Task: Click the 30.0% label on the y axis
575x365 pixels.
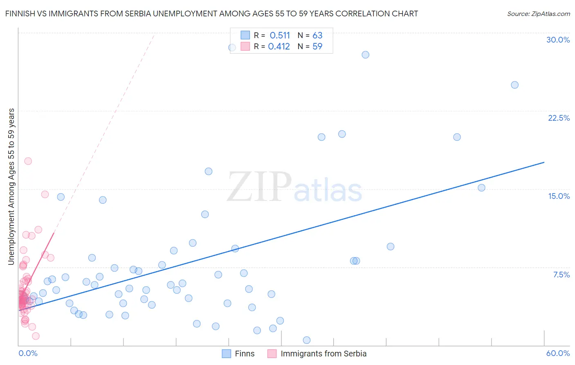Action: coord(558,40)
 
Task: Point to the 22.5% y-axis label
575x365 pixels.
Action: coord(559,118)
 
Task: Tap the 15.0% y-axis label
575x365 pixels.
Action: coord(559,196)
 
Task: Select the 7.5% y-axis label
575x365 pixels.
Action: coord(561,275)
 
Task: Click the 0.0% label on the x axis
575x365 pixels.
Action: coord(28,353)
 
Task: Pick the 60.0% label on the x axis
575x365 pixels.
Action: coord(558,353)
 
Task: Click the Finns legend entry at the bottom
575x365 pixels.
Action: coord(245,354)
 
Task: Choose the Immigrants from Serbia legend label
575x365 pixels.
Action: coord(323,354)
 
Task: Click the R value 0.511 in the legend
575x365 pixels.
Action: coord(280,36)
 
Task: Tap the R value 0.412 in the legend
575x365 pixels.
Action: coord(279,47)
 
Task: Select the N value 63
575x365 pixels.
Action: coord(317,36)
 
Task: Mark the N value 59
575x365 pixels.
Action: coord(317,47)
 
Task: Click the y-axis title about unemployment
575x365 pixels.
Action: coord(11,187)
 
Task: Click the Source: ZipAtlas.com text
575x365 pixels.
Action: coord(539,14)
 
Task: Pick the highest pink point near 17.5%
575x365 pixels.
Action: coord(28,161)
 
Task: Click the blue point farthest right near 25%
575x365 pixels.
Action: coord(514,85)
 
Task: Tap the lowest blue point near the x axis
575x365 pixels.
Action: coord(306,340)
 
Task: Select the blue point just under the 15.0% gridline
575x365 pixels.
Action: coord(481,188)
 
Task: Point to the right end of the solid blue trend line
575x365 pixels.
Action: coord(544,162)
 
